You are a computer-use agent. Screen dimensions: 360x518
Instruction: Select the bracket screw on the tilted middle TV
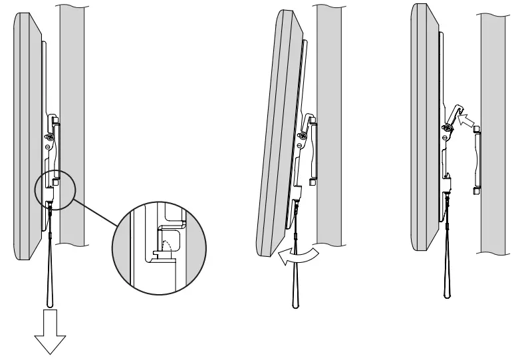click(x=303, y=135)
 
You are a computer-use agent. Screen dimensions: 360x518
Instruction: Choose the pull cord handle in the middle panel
click(x=294, y=279)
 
